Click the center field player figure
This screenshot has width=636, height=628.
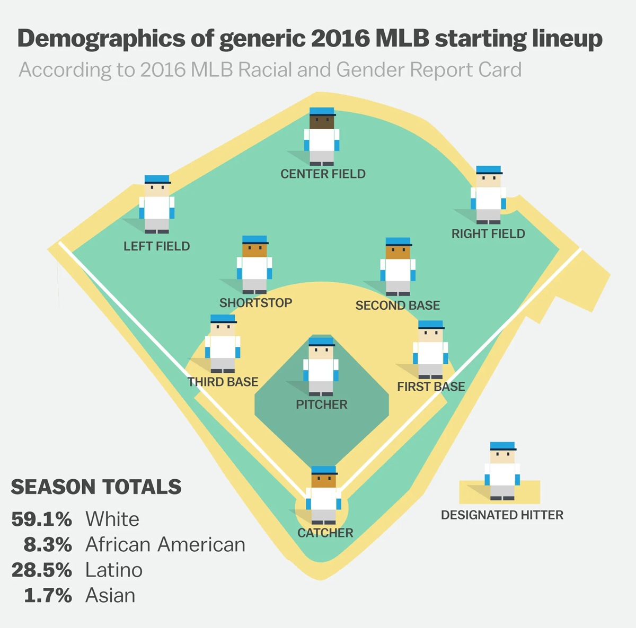[322, 137]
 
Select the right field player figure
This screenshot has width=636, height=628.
[488, 195]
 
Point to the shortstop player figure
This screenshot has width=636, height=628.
[254, 265]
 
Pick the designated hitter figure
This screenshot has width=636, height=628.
[502, 471]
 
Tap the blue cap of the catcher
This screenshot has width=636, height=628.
[324, 470]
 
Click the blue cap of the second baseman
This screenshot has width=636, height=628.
[398, 242]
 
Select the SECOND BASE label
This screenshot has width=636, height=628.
[397, 306]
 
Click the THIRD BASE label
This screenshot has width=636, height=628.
[223, 382]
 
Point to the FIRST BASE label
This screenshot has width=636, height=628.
[431, 387]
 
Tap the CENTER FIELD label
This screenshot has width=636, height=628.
[323, 174]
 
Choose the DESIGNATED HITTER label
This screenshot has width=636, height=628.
[502, 515]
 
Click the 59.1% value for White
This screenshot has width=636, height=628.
[41, 519]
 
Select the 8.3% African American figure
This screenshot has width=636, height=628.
[48, 544]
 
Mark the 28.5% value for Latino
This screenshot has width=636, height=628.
[41, 570]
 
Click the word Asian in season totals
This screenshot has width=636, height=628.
[110, 595]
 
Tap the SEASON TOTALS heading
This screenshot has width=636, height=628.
[96, 487]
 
